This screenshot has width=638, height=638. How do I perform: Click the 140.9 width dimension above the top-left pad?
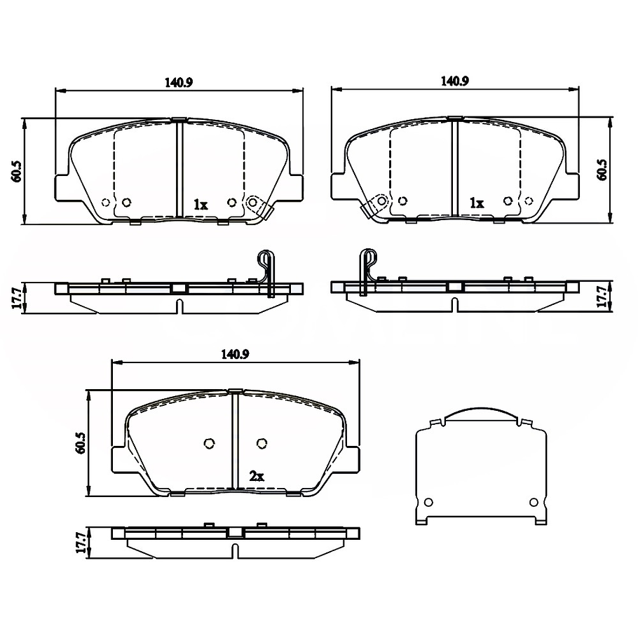pyautogui.click(x=179, y=82)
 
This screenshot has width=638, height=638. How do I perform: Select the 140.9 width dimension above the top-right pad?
pyautogui.click(x=454, y=81)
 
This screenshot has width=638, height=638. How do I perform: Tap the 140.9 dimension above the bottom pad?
pyautogui.click(x=236, y=354)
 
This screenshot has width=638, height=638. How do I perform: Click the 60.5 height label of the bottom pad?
pyautogui.click(x=80, y=443)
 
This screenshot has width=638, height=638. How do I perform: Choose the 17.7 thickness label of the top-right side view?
pyautogui.click(x=601, y=297)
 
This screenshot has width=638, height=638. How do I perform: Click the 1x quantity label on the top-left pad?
pyautogui.click(x=201, y=205)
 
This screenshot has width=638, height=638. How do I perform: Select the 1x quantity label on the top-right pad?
pyautogui.click(x=477, y=203)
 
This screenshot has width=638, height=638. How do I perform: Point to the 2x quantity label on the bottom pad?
pyautogui.click(x=257, y=476)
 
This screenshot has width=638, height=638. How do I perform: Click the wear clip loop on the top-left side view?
pyautogui.click(x=265, y=260)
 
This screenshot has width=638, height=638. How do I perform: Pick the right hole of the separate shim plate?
pyautogui.click(x=533, y=501)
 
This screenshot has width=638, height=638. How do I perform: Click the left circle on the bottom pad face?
pyautogui.click(x=208, y=442)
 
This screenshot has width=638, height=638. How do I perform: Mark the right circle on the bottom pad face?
pyautogui.click(x=262, y=442)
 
